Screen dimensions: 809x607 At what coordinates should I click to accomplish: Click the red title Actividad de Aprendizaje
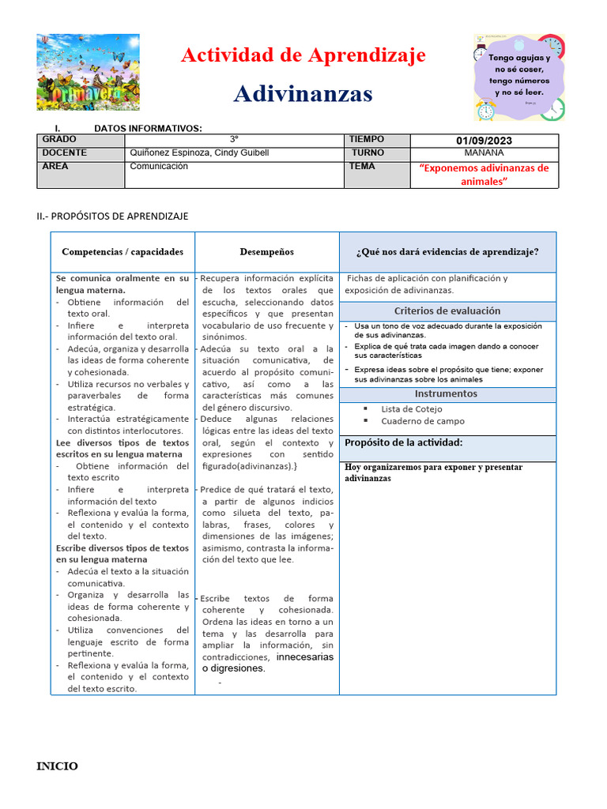coord(303,55)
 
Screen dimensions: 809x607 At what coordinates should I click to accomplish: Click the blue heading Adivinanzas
coord(303,94)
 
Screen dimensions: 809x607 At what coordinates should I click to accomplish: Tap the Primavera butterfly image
coord(88,72)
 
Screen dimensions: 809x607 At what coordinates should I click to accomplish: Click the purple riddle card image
coord(519,77)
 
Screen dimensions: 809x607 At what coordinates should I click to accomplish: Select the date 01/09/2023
coord(484,141)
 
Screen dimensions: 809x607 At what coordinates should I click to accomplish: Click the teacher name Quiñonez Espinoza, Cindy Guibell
coord(199,152)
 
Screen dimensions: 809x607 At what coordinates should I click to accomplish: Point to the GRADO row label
coord(59,139)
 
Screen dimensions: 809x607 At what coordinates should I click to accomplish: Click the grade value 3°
coord(234,139)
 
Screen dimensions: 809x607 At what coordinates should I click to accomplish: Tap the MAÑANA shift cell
coord(484,152)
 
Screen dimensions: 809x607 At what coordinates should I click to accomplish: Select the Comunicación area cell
coord(159,167)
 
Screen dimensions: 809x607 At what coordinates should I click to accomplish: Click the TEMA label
coord(362,167)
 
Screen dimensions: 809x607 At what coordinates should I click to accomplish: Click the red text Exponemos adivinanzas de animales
coord(484,175)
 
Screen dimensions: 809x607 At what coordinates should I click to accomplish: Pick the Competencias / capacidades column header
coord(123,252)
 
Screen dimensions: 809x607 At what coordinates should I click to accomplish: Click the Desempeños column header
coord(266,252)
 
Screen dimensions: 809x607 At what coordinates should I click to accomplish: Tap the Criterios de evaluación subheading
coord(447,310)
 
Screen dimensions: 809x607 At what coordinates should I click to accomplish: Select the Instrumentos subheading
coord(447,393)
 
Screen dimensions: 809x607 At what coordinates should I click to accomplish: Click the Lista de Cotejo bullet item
coord(412,409)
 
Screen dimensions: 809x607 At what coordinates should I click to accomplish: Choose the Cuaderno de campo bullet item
coord(423,421)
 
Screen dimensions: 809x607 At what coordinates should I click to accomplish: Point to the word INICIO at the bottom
coord(58,766)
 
